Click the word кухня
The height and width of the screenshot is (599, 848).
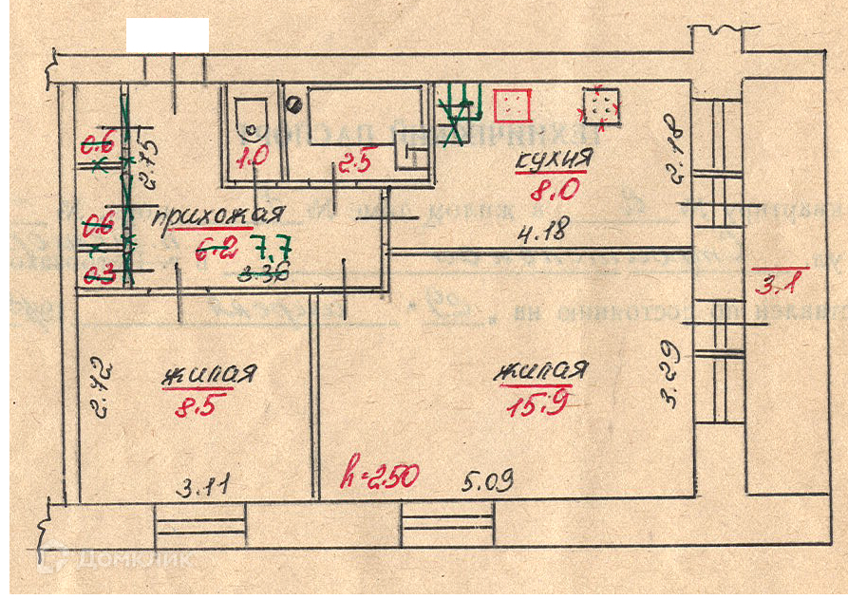pyautogui.click(x=552, y=161)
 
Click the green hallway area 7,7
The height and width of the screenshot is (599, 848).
pyautogui.click(x=272, y=251)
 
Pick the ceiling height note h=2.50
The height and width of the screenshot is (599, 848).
pyautogui.click(x=380, y=476)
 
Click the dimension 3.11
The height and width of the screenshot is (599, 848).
pyautogui.click(x=206, y=489)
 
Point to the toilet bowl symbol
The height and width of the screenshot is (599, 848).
pyautogui.click(x=253, y=116)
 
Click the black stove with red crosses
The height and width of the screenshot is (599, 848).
pyautogui.click(x=602, y=104)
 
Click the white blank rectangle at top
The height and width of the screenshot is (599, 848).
pyautogui.click(x=167, y=34)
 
